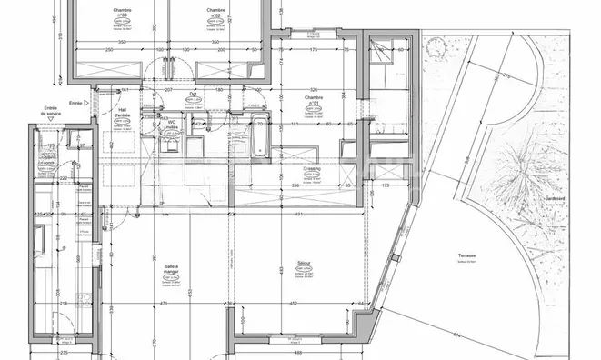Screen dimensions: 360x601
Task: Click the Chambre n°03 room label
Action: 122,13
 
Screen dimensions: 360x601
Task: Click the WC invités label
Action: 170,125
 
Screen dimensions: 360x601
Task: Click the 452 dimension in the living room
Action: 294,303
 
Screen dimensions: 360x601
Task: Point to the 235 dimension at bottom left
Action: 64,354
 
